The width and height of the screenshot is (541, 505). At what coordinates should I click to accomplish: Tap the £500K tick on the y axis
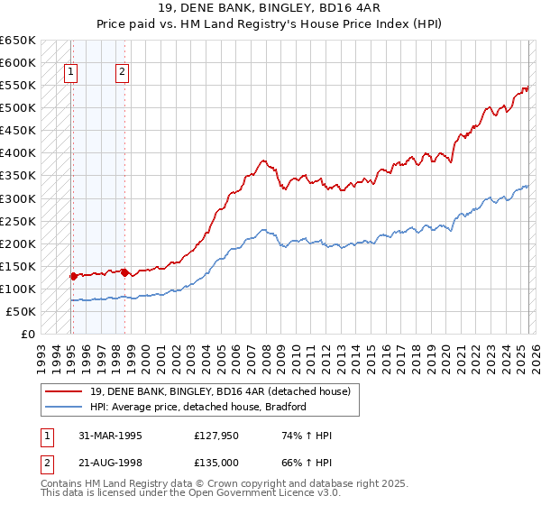(x=17, y=108)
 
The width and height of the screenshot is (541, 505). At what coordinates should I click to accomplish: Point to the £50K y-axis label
(x=21, y=311)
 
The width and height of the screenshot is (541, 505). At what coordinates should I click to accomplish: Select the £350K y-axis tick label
(x=17, y=176)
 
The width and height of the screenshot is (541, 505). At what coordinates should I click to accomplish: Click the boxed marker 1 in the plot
(x=70, y=75)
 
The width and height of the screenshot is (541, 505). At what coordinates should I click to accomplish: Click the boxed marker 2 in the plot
(x=122, y=75)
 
